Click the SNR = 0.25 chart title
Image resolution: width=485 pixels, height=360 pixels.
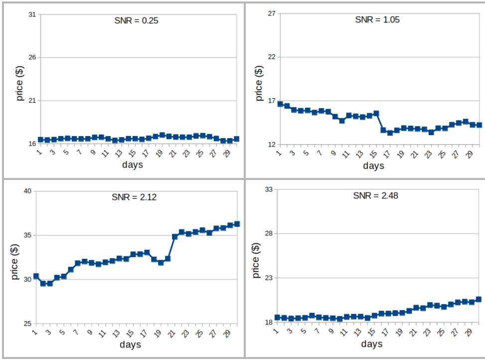click(137, 21)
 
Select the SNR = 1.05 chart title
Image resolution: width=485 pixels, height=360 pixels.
click(377, 20)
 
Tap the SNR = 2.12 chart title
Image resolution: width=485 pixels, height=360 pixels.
click(134, 197)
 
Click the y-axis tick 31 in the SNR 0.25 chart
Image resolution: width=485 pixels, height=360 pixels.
click(32, 14)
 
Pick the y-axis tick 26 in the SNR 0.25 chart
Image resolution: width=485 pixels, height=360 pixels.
click(32, 57)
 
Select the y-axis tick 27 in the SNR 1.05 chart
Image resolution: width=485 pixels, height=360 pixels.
click(272, 13)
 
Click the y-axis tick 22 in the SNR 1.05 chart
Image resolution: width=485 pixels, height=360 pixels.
click(272, 57)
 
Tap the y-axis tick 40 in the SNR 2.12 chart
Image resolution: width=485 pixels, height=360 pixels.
click(27, 191)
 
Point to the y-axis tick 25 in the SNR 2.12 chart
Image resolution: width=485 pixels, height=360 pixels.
click(27, 324)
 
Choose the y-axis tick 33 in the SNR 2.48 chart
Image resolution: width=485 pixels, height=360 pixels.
click(269, 189)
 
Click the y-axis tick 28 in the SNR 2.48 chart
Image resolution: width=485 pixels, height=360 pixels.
click(269, 233)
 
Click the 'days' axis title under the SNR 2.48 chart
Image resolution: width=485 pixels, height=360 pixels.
click(372, 344)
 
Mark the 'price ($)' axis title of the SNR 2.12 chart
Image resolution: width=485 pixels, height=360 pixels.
click(14, 262)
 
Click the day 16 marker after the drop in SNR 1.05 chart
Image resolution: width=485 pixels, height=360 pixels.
click(383, 130)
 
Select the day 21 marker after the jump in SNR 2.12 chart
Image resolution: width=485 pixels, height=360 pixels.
click(175, 236)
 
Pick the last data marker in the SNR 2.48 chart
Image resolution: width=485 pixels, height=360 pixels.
click(478, 299)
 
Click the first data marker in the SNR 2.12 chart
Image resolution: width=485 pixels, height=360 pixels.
click(36, 276)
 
